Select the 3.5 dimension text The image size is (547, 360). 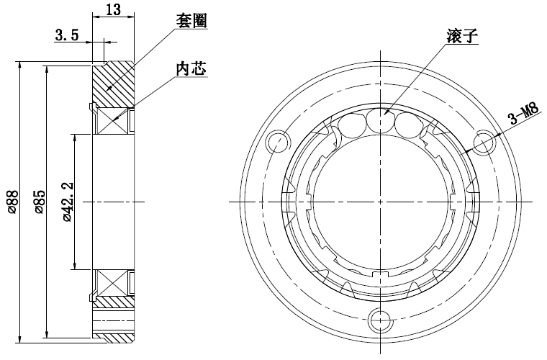(x=66, y=35)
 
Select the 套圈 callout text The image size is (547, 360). (x=192, y=21)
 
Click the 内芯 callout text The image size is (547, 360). (x=192, y=68)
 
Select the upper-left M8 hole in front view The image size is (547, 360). (x=276, y=140)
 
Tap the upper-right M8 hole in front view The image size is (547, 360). (x=484, y=140)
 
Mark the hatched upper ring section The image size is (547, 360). (x=114, y=83)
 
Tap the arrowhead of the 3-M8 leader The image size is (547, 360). (x=466, y=153)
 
